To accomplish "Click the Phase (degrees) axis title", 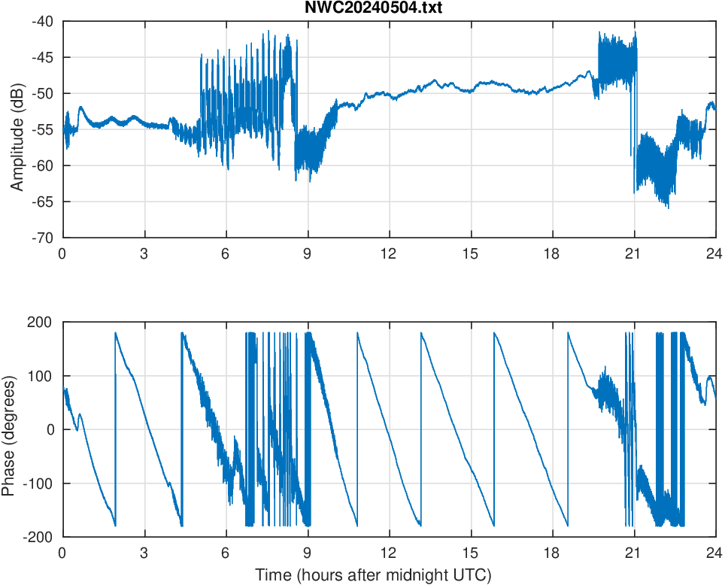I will coord(9,429).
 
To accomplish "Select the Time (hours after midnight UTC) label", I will coord(373,575).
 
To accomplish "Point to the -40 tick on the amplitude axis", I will coord(42,22).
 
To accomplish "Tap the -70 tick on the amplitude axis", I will coord(42,238).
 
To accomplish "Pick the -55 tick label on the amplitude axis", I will coord(42,129).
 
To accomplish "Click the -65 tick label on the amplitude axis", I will coord(42,202).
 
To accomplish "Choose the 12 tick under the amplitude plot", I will coord(389,253).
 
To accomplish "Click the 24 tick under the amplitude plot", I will coord(715,253).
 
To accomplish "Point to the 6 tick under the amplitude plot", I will coord(226,253).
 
